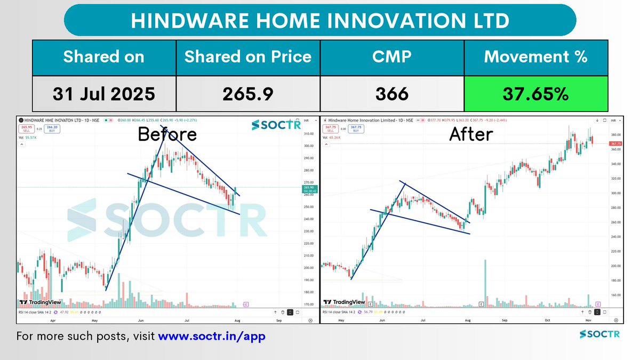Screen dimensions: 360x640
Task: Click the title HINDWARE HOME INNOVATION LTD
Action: point(320,21)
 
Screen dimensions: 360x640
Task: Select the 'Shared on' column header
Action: point(103,57)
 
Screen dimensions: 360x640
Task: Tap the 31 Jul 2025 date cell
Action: point(103,94)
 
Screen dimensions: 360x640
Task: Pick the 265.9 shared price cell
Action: point(248,94)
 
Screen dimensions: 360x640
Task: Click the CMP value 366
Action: point(391,94)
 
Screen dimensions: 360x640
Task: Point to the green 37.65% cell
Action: point(536,94)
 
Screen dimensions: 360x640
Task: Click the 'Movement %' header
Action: point(536,57)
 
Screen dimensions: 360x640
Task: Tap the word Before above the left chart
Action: point(167,134)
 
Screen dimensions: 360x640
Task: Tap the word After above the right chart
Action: point(471,134)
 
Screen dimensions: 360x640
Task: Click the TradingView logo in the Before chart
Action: point(40,302)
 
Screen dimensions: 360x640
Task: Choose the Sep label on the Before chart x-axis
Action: point(278,322)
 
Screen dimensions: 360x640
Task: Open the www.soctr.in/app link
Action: point(212,337)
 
